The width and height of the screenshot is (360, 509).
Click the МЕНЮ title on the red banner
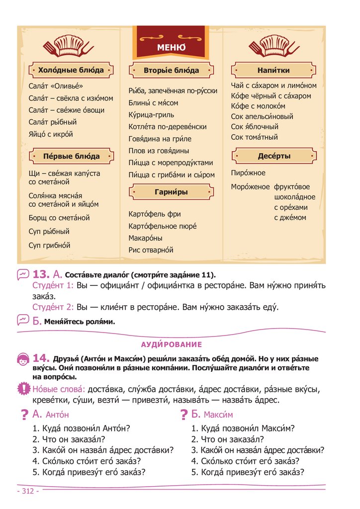point(171,48)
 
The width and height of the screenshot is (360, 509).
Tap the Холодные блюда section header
point(71,70)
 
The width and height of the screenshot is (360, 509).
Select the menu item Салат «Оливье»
point(56,86)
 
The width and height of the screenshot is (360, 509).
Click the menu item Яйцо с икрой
point(51,134)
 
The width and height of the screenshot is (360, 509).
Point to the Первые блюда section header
point(71,156)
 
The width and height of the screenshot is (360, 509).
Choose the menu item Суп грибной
point(49,245)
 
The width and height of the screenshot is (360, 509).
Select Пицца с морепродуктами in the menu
point(171,163)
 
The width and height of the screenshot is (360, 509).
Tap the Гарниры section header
point(171,191)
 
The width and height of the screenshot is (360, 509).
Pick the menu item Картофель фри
point(155,214)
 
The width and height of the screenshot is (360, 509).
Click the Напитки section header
point(273,70)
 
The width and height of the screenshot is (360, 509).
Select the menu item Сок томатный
point(255,137)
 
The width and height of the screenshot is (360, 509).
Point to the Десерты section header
point(274,156)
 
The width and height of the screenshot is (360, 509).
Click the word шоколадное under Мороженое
point(291,197)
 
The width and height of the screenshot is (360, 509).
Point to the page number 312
point(28,491)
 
